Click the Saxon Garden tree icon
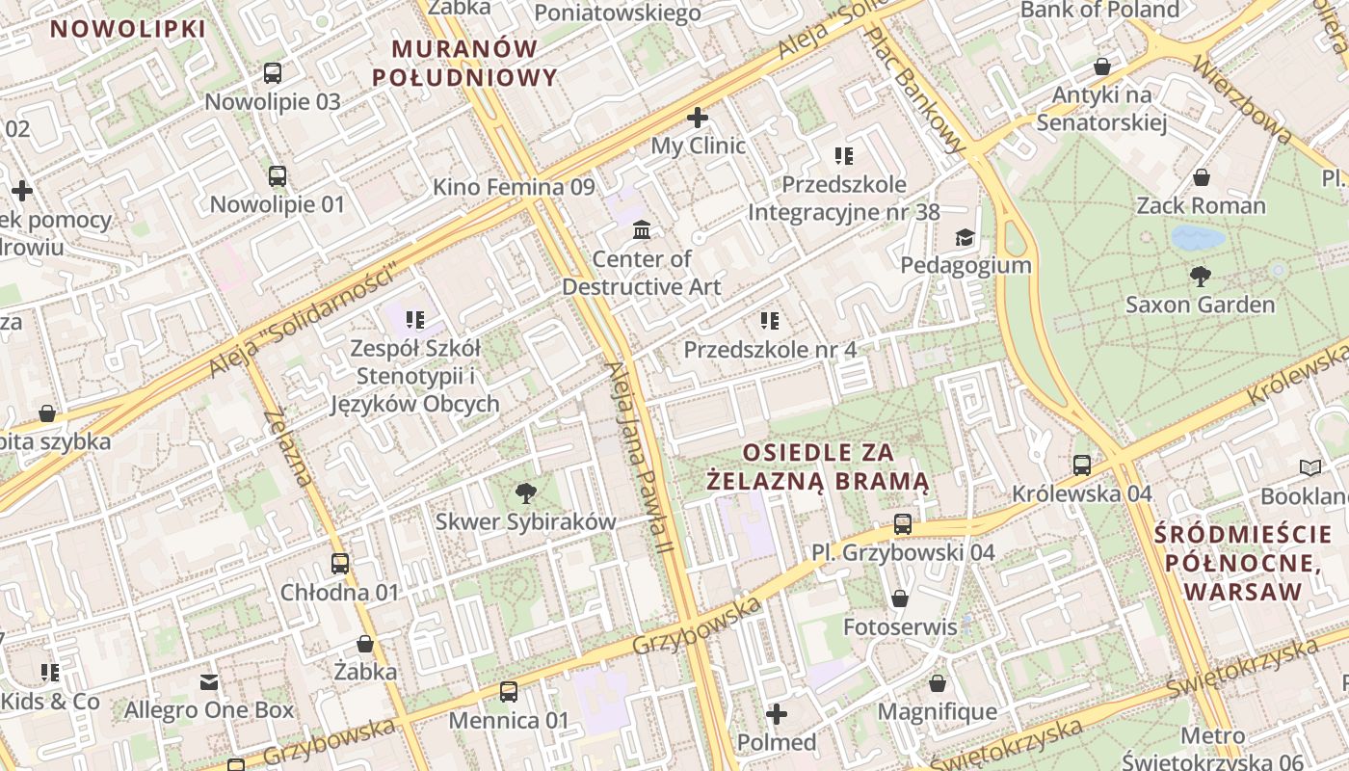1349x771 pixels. point(1200,277)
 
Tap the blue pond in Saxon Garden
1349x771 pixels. point(1198,237)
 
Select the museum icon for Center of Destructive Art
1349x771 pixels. point(642,230)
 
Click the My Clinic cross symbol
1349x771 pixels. point(698,118)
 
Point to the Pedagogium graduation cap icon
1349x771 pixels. point(964,237)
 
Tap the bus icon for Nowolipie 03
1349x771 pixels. point(273,73)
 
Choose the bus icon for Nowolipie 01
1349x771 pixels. point(278,176)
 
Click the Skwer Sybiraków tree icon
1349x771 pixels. point(525,494)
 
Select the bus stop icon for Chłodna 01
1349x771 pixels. point(340,564)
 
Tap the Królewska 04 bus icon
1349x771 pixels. point(1082,465)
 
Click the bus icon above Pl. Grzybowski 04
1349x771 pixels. point(903,524)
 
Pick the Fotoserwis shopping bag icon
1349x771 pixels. point(900,599)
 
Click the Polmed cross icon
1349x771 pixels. point(777,714)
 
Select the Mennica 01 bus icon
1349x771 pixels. point(509,692)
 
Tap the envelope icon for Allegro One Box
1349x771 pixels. point(209,682)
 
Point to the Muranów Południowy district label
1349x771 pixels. point(464,63)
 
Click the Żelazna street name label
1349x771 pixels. point(288,447)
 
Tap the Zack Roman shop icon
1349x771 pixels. point(1202,177)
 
